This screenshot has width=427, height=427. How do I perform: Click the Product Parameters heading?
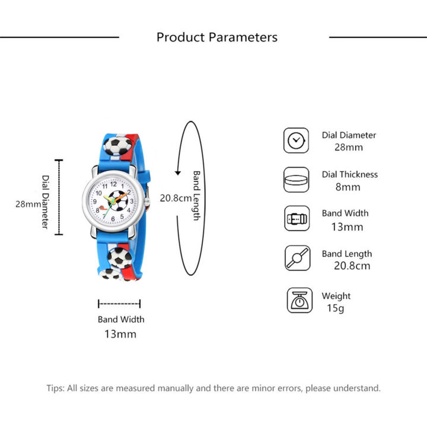coord(216,37)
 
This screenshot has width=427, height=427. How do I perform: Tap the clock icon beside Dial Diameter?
coord(295,141)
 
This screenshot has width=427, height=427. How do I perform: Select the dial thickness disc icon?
coord(295,180)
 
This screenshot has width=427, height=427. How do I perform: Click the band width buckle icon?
coord(295,219)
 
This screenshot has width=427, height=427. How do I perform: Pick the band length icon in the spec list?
coord(295,259)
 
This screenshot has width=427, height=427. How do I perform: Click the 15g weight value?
coord(335,308)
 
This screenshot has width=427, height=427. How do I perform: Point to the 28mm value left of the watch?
coord(27,205)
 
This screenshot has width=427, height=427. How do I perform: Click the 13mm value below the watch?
coord(120,334)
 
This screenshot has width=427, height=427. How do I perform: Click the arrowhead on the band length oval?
coord(177,173)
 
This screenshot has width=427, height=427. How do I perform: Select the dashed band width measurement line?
coord(119,304)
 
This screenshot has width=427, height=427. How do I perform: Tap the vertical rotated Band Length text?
coord(196,196)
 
